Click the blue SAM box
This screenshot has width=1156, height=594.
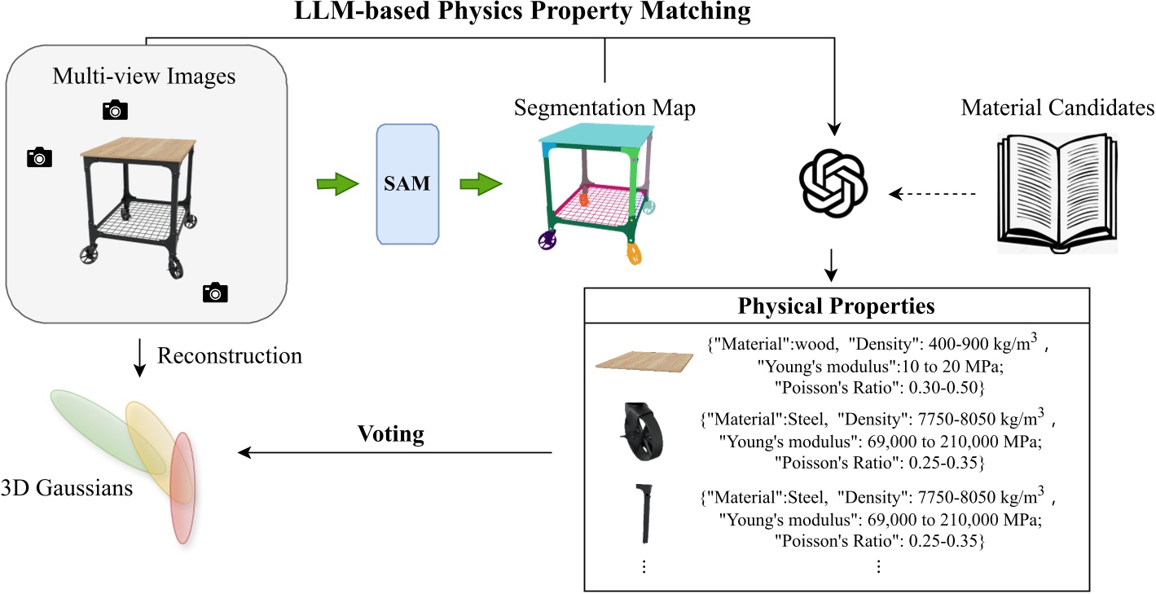(407, 184)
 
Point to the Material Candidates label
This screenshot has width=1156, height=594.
(1057, 108)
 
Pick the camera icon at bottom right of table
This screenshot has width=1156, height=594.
(215, 292)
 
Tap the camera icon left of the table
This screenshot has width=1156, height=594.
(39, 157)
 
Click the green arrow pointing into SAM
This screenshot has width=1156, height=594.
(336, 184)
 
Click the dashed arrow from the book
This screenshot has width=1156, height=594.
(932, 194)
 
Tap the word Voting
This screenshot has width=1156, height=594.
(391, 433)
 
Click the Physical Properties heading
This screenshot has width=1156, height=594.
(836, 307)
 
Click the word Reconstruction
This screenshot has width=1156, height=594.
(229, 356)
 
